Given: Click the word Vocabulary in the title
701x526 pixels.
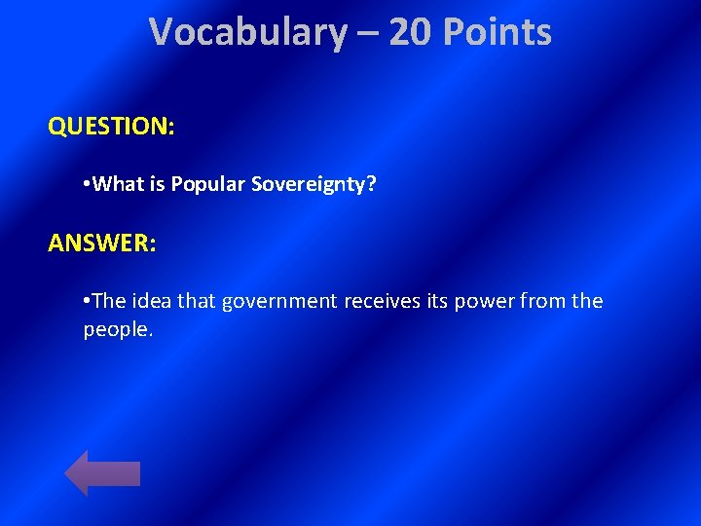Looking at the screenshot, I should click(x=248, y=32).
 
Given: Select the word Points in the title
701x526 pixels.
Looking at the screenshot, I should click(x=497, y=32).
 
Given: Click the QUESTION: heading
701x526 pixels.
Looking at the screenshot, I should click(x=111, y=127).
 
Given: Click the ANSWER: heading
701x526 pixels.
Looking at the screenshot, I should click(x=101, y=243).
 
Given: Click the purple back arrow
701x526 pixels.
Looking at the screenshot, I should click(x=102, y=472).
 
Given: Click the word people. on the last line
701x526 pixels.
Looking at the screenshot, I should click(x=119, y=330).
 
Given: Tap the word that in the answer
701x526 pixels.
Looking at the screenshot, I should click(x=196, y=302).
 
